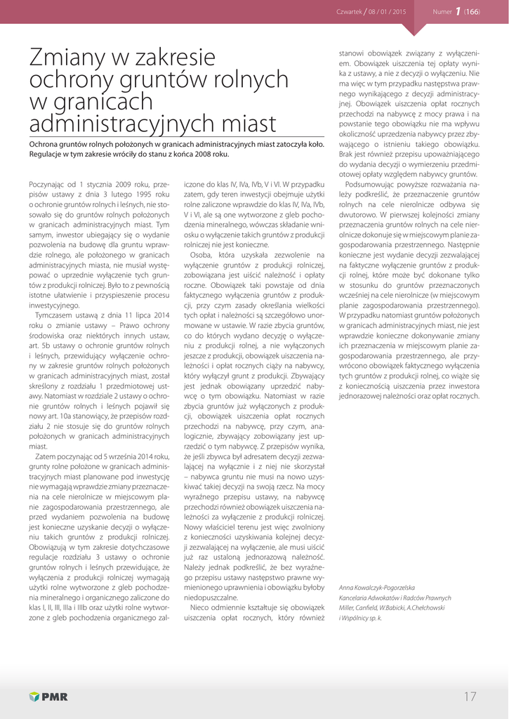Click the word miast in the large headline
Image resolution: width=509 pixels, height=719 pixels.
click(244, 124)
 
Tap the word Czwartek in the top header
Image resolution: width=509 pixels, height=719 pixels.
click(349, 12)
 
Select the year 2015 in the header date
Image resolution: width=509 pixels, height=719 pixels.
click(399, 12)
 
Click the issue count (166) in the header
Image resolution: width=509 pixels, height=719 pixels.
click(471, 12)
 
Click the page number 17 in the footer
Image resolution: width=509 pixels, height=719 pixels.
click(470, 696)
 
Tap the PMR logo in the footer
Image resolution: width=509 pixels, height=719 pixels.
click(48, 697)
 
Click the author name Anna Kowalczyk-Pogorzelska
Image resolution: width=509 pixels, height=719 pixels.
click(376, 587)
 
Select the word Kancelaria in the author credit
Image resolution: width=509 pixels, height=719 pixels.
click(355, 598)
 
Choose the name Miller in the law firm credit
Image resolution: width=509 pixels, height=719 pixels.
click(347, 608)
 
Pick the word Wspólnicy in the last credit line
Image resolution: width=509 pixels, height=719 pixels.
click(358, 619)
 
